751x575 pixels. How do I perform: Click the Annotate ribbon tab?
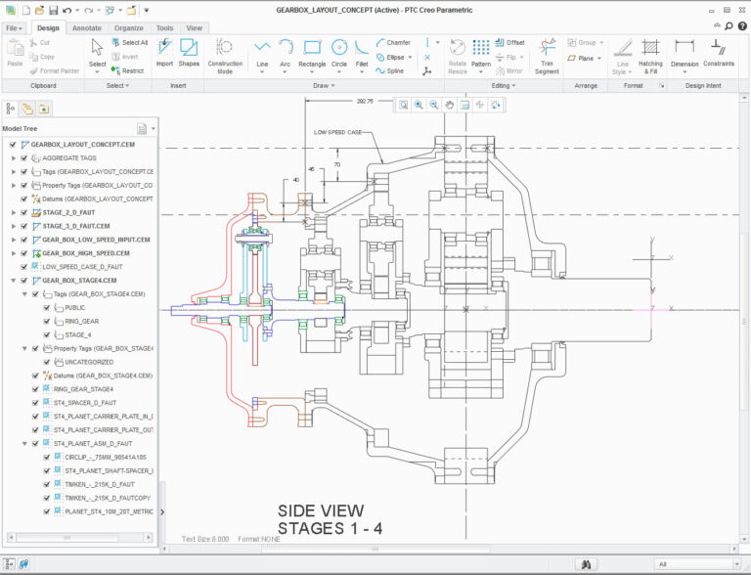(x=86, y=28)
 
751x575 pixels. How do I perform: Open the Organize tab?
(x=128, y=28)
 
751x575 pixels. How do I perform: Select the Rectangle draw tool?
(x=312, y=53)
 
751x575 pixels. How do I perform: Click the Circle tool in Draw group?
(x=339, y=53)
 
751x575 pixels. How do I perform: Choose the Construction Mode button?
(x=225, y=55)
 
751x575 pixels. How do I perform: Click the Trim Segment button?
(x=547, y=55)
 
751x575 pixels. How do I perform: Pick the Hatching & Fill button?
(x=651, y=55)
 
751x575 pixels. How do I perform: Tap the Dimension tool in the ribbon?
(x=685, y=55)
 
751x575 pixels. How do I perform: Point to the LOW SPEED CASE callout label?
(x=338, y=131)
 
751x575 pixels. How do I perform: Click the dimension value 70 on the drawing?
(x=337, y=165)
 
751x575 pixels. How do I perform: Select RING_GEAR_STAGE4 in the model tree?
(x=83, y=388)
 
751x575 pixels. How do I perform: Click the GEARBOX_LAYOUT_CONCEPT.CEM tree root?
(x=82, y=144)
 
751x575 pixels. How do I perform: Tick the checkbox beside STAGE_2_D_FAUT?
(x=13, y=212)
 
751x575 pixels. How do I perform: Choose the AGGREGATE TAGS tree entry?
(x=68, y=157)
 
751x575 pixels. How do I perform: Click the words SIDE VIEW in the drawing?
(x=321, y=510)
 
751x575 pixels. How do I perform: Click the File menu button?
(x=15, y=28)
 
